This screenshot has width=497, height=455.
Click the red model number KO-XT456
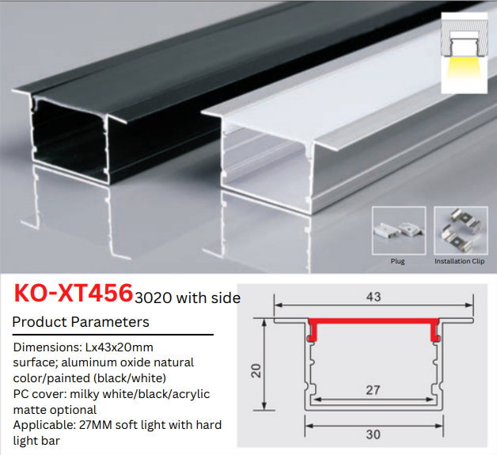(x=74, y=293)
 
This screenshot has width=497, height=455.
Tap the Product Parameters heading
(x=81, y=322)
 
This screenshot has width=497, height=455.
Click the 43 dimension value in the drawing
(x=374, y=297)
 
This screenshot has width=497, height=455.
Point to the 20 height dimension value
(x=256, y=370)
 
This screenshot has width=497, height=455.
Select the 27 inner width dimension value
(x=373, y=390)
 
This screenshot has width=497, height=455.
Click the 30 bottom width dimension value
(x=373, y=434)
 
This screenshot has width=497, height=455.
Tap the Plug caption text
(x=397, y=261)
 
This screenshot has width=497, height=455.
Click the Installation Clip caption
(x=460, y=261)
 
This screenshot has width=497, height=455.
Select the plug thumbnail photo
(x=399, y=230)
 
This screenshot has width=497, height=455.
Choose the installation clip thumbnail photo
(x=461, y=230)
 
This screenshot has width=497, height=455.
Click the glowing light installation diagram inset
(x=464, y=53)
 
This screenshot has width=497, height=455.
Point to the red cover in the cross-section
(x=374, y=321)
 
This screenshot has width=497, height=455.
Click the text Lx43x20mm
(x=120, y=347)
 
